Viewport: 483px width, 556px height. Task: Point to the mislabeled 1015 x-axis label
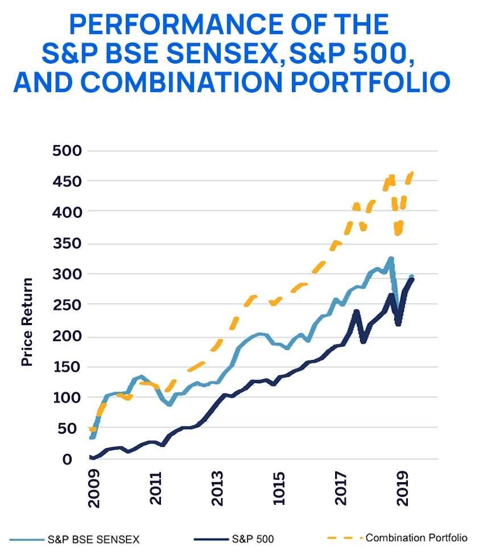point(279,488)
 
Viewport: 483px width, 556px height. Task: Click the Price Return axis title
point(27,322)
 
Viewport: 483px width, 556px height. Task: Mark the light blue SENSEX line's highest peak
point(391,259)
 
